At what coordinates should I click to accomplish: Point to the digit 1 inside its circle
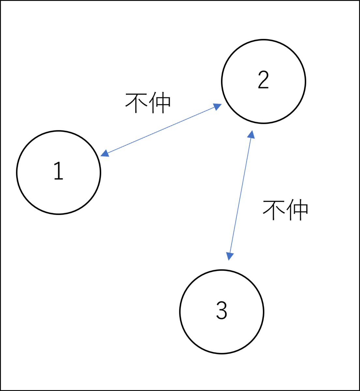tap(59, 171)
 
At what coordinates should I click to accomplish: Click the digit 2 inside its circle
tap(263, 80)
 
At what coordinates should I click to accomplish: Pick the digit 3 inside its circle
tap(222, 310)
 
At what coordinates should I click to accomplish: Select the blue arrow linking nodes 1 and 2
tap(161, 130)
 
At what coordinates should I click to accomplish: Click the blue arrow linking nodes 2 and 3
tap(240, 195)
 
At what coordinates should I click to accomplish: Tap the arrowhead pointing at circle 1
tap(104, 153)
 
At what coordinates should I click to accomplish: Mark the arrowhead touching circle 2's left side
tap(217, 107)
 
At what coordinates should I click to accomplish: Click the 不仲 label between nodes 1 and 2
tap(148, 103)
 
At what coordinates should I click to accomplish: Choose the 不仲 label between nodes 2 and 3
tap(285, 210)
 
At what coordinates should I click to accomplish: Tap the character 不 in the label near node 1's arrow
tap(136, 103)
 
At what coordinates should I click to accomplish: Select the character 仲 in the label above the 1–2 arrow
tap(160, 103)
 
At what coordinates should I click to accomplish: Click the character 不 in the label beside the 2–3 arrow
tap(274, 210)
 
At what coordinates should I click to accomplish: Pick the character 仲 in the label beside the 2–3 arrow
tap(297, 210)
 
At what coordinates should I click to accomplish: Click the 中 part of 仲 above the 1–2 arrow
tap(164, 103)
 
